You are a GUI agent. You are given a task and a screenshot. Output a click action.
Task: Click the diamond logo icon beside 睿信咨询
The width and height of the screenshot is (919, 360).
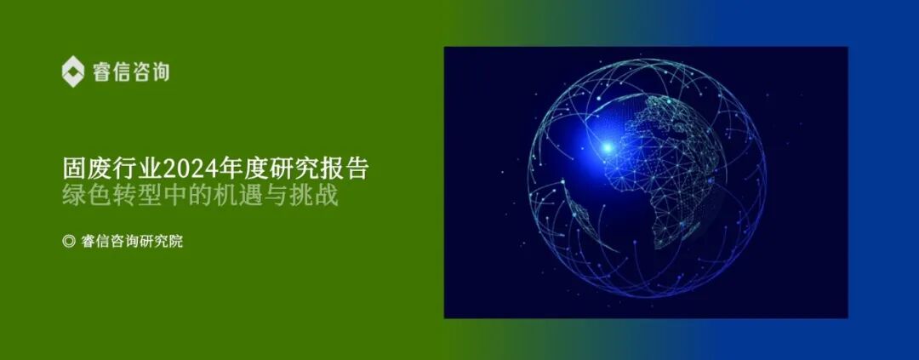pyautogui.click(x=75, y=71)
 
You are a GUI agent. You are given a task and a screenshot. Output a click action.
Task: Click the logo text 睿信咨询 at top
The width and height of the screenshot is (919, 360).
pyautogui.click(x=131, y=71)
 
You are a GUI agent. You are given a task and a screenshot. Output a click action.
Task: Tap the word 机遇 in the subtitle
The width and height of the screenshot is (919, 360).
pyautogui.click(x=246, y=196)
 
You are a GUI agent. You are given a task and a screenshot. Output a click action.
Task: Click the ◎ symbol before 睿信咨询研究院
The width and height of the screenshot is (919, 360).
pyautogui.click(x=69, y=241)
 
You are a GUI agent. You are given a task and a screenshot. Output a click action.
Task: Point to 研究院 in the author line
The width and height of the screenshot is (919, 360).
pyautogui.click(x=166, y=241)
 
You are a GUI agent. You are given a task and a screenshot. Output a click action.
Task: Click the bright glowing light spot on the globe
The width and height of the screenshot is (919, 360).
pyautogui.click(x=607, y=148)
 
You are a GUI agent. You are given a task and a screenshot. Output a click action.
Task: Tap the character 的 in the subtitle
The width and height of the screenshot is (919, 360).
pyautogui.click(x=209, y=196)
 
